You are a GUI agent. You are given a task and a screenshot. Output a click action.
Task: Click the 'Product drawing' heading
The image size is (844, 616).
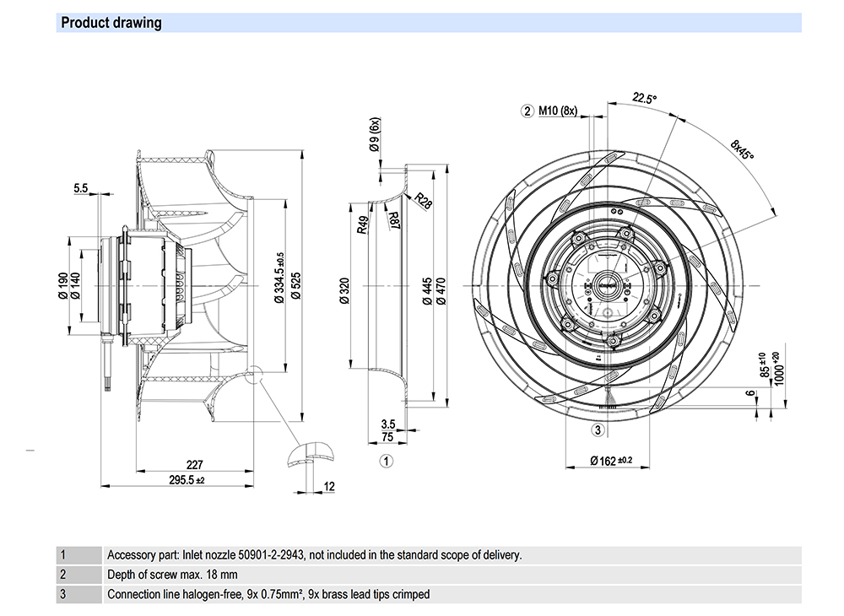point(111,23)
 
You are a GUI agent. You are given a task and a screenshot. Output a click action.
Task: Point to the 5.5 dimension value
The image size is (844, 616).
point(81,188)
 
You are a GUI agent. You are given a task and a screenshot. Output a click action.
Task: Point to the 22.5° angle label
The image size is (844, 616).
point(644,98)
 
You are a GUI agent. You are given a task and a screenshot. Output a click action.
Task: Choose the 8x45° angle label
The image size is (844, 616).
point(743,150)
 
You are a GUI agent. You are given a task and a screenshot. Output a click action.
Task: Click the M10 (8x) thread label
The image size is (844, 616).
point(558,111)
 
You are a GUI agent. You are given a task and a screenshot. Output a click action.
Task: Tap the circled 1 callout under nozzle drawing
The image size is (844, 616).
point(386,461)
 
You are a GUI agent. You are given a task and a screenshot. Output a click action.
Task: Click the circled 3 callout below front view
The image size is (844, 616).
point(598,430)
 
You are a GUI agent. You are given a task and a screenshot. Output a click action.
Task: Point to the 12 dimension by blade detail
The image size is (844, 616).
point(329,486)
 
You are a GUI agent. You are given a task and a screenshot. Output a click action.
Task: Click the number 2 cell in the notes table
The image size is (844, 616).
point(62,575)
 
